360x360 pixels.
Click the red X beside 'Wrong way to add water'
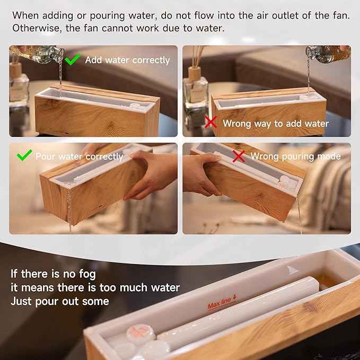[211, 122]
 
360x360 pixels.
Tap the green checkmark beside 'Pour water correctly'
[24, 155]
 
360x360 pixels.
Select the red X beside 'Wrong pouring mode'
[239, 156]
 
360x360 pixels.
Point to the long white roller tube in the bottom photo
[239, 313]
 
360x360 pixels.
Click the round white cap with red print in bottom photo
[141, 334]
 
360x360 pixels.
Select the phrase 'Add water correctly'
[127, 60]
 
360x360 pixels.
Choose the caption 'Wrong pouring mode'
[295, 156]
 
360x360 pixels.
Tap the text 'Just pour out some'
[60, 301]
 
